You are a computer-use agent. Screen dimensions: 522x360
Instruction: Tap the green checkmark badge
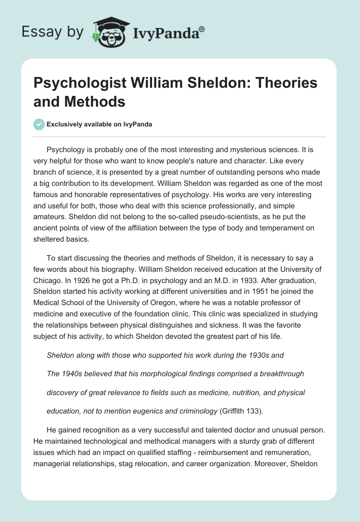pos(39,124)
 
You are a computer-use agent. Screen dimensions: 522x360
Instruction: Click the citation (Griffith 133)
pos(251,411)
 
